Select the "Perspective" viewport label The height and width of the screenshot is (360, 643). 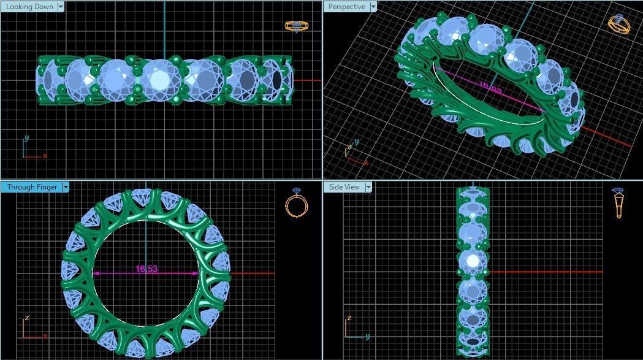tap(346, 7)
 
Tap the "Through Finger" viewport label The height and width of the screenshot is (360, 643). tap(31, 187)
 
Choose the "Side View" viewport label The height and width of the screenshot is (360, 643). tap(344, 187)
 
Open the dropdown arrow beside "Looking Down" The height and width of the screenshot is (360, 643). tap(61, 7)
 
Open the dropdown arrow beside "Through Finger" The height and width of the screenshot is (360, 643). tap(66, 187)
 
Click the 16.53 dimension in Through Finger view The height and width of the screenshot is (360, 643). tap(146, 269)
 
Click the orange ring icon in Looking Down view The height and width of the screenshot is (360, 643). tap(296, 26)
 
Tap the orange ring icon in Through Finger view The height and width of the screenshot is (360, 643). tap(296, 204)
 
